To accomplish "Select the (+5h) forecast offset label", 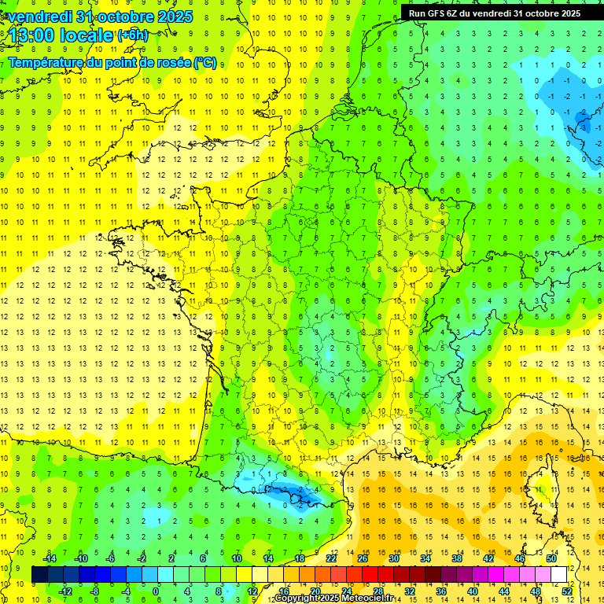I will click(131, 35).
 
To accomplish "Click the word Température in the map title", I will click(51, 62).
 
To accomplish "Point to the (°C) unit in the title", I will click(205, 62).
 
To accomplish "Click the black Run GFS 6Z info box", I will click(494, 13).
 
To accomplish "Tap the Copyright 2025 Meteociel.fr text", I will click(333, 598).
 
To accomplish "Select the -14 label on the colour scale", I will click(50, 558).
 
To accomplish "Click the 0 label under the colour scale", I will click(156, 591).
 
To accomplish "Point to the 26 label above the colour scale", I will click(363, 558).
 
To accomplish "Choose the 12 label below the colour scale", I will click(252, 591).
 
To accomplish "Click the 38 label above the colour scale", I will click(457, 558).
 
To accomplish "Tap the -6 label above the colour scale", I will click(111, 558).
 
